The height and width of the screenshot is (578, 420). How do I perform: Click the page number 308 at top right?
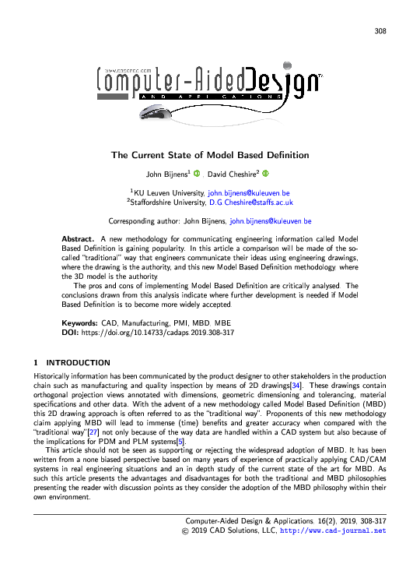380,31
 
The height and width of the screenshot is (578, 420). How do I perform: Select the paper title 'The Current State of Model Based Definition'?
210,156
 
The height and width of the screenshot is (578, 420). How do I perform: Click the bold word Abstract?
77,237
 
